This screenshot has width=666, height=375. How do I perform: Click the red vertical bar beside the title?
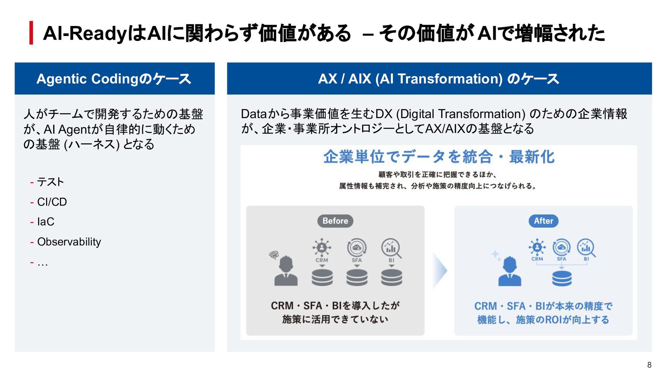coord(31,33)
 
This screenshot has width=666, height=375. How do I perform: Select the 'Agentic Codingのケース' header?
coord(114,79)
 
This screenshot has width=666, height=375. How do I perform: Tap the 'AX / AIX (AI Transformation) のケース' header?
coord(439,79)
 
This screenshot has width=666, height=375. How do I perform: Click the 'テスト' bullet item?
coord(50,182)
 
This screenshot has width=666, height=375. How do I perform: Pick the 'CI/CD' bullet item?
coord(52,202)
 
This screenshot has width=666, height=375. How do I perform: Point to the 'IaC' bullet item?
coord(46,221)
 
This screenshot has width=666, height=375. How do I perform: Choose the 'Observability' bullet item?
coord(69,242)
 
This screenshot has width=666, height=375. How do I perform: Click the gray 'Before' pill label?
coord(335,221)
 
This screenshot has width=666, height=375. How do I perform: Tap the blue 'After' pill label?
coord(543,221)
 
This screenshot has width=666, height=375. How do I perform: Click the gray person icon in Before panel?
coord(286,271)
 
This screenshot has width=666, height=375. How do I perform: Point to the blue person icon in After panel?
coord(510,271)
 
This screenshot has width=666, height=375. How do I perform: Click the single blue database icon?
coord(562,278)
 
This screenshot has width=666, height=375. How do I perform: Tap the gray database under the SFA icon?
coord(357,278)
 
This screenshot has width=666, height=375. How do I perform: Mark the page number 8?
coord(649,365)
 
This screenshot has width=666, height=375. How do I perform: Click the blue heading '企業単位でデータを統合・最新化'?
coord(439,157)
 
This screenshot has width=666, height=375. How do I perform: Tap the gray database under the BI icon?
coord(392,278)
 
